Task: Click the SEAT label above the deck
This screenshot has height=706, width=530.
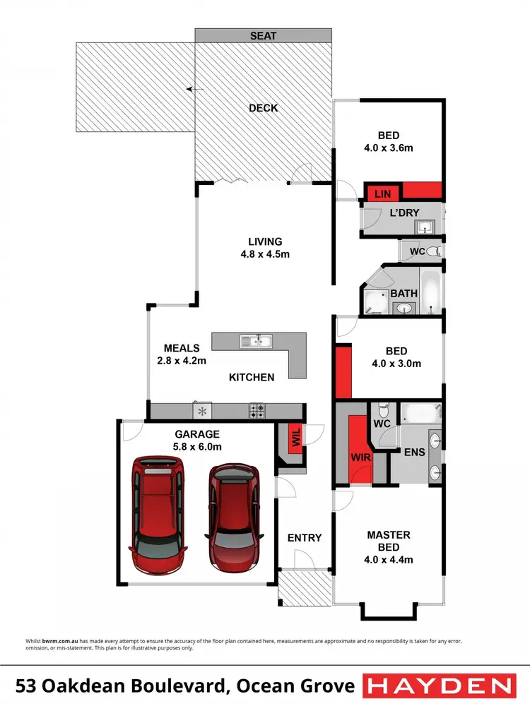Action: (x=263, y=35)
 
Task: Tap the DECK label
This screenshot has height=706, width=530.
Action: (x=263, y=108)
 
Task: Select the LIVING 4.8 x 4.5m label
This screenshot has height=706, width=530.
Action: (x=264, y=247)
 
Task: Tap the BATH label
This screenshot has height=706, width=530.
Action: (x=404, y=293)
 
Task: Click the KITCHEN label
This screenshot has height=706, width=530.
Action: (x=251, y=377)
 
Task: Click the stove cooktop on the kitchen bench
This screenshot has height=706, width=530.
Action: (x=257, y=409)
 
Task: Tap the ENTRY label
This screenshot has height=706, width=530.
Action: (x=305, y=538)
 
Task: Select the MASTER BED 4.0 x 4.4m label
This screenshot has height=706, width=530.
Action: (x=389, y=547)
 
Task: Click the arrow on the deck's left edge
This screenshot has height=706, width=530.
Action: (x=189, y=90)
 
